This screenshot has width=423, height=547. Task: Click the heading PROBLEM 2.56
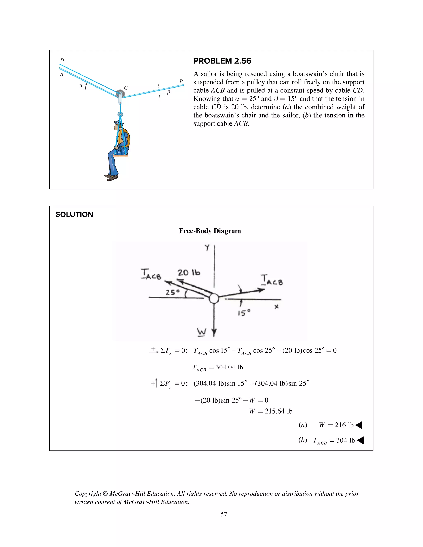[222, 61]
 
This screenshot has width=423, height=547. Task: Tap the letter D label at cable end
[62, 60]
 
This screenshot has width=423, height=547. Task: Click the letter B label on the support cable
[181, 81]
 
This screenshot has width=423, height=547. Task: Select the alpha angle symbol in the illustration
[81, 85]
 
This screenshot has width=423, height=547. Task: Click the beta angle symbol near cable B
[168, 92]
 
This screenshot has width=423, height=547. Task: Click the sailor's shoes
[111, 177]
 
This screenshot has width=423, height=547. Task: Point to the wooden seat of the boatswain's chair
[121, 156]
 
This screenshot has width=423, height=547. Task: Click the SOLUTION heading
[74, 214]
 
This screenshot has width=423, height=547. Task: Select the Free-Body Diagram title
[210, 231]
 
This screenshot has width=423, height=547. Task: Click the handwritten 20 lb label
[189, 272]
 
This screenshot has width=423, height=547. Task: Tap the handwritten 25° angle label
[173, 292]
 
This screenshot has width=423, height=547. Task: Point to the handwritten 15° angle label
[244, 313]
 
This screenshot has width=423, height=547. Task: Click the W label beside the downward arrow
[201, 332]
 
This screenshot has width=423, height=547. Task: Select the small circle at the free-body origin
[214, 298]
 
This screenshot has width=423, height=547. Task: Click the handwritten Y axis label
[207, 248]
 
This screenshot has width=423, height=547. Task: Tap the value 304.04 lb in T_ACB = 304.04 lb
[229, 367]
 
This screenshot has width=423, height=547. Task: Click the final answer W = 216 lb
[336, 425]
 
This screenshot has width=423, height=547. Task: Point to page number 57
[224, 514]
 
